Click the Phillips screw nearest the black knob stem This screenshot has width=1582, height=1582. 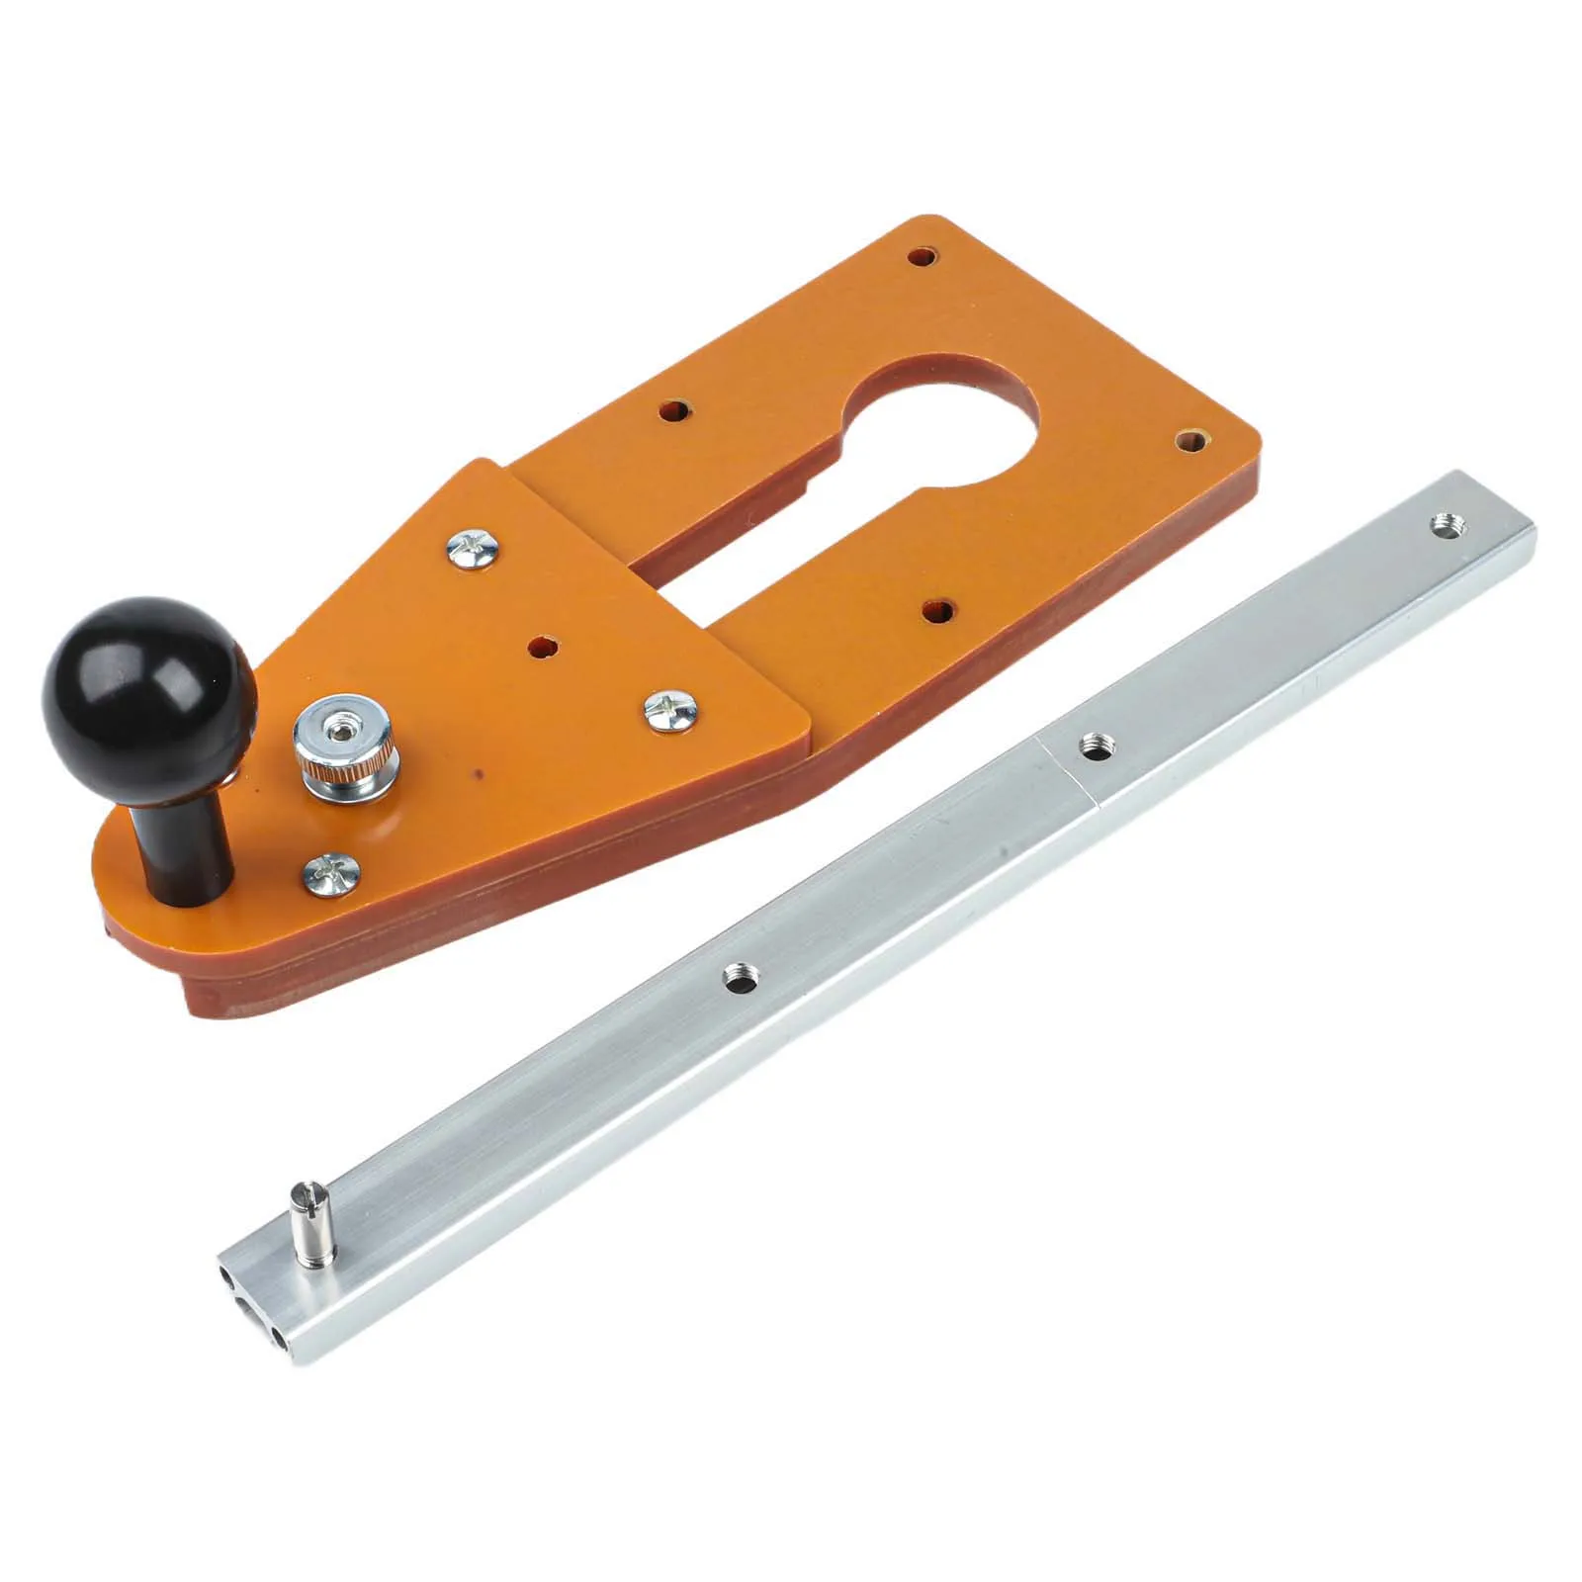pos(328,873)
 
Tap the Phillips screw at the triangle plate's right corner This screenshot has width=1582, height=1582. pos(671,710)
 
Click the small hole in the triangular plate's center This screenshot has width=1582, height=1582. pos(541,647)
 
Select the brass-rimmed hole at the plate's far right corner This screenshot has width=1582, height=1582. pos(1189,442)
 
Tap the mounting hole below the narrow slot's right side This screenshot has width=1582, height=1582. pos(935,611)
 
